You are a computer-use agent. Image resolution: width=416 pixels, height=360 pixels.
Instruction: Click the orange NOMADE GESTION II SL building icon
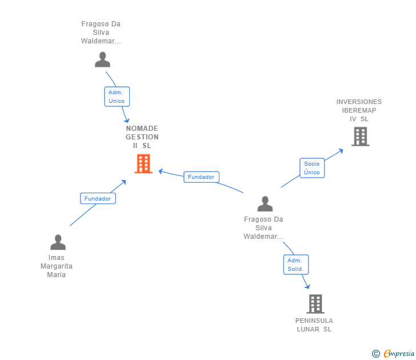[143, 164]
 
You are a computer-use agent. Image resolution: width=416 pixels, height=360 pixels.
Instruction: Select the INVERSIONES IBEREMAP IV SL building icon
[360, 137]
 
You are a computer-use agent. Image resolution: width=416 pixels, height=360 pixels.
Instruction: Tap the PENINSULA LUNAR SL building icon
[315, 304]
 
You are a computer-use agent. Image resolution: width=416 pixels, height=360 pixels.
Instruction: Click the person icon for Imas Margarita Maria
[58, 243]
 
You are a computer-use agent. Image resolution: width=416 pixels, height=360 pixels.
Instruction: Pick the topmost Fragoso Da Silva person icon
[102, 59]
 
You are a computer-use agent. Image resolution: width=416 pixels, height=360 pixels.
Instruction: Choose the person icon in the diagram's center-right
[265, 204]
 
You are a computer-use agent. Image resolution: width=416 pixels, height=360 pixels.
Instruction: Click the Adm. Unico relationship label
[117, 97]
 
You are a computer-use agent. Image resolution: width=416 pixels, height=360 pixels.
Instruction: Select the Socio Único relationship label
[312, 168]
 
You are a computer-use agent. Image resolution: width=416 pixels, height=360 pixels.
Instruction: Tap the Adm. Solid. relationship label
[295, 265]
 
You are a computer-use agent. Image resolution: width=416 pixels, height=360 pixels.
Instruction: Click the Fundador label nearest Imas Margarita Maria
[98, 198]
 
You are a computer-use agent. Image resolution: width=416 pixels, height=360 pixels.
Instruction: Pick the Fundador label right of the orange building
[201, 177]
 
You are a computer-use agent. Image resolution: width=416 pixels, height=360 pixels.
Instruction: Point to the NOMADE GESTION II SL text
[142, 137]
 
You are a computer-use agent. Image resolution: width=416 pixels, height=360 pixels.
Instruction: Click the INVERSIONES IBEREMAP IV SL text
[359, 110]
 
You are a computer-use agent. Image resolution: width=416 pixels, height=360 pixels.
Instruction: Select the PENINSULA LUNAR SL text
[314, 325]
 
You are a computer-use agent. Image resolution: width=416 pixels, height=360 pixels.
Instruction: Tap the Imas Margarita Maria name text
[57, 266]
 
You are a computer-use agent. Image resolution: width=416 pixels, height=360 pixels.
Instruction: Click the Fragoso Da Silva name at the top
[101, 33]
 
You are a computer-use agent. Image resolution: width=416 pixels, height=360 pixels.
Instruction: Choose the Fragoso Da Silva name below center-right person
[263, 228]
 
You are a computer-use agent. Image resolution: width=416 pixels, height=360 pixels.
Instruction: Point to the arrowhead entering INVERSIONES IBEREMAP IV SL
[341, 150]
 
